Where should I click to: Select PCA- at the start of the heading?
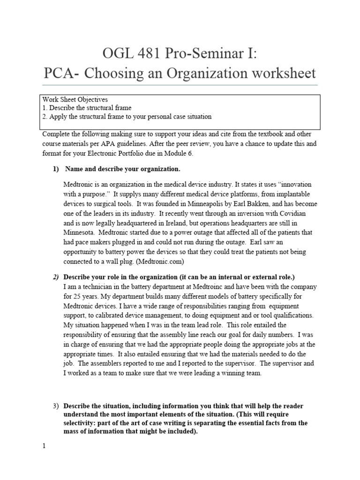(60, 74)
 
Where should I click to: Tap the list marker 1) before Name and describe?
(56, 169)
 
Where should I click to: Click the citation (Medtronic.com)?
(156, 261)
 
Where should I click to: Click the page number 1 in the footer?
(44, 446)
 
